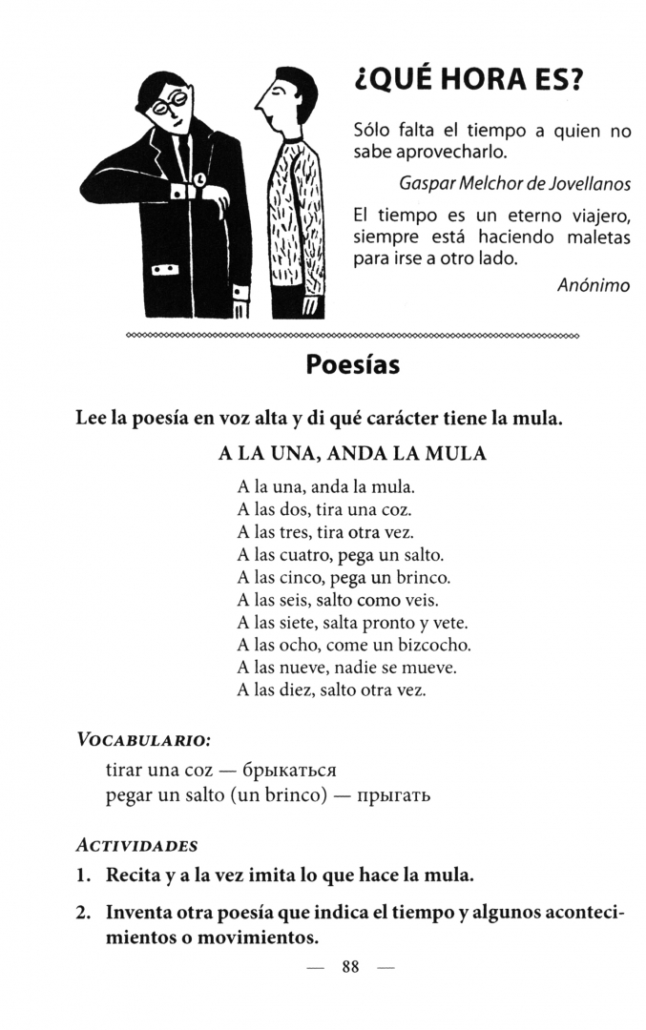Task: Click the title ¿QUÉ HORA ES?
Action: (x=467, y=83)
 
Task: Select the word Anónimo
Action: (x=593, y=284)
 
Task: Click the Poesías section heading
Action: (x=352, y=364)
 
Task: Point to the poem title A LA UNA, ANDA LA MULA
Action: (x=353, y=454)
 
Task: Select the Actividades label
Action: (x=136, y=845)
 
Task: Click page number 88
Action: (x=349, y=967)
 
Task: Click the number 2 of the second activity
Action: (x=83, y=913)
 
